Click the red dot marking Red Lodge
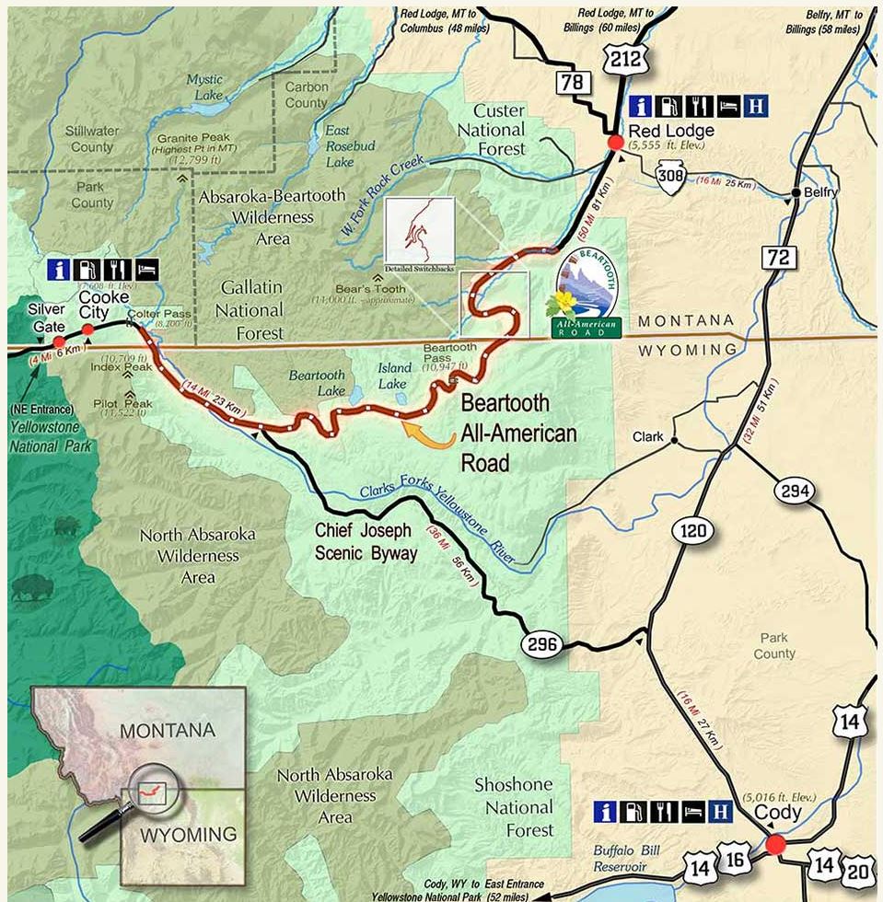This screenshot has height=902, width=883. [x=614, y=143]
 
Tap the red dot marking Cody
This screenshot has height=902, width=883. [x=775, y=844]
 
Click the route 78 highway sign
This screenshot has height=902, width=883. [x=572, y=84]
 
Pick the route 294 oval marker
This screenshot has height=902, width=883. [x=795, y=491]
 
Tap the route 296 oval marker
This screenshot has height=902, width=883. [x=542, y=644]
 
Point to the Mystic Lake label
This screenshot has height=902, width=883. [x=204, y=87]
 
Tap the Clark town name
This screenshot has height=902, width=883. [x=648, y=438]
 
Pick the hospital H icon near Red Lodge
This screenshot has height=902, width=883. [x=756, y=105]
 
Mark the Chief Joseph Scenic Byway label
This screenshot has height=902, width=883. [x=366, y=541]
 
